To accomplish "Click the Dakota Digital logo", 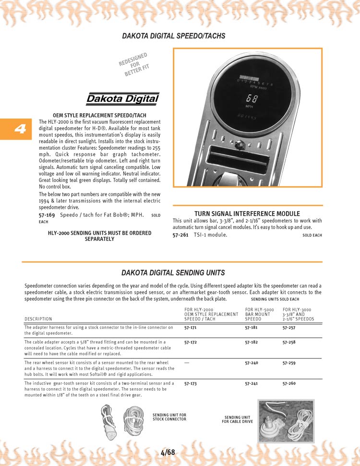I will point(122,99).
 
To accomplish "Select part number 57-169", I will point(47,215).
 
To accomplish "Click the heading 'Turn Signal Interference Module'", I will point(247,214).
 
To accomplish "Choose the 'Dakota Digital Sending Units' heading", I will point(173,273).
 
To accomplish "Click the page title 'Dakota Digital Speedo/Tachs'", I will point(173,36).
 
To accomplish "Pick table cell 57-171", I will point(191,328).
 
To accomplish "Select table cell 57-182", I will point(251,342).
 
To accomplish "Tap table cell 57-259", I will point(289,363).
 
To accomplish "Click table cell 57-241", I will point(251,383).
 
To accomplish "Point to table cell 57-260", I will point(289,383).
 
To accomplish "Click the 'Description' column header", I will point(38,319).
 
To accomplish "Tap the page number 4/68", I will point(168,453).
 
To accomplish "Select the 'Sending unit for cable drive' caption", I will point(237,419).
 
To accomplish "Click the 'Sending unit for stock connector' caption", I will point(169,417).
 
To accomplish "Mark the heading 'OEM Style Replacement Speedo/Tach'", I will point(99,116).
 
